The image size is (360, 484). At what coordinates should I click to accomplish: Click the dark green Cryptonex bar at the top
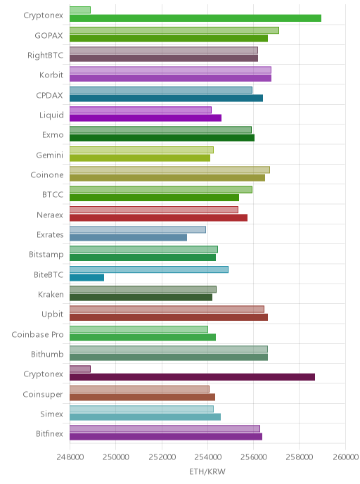tap(195, 18)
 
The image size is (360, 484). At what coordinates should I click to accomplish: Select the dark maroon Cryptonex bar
tap(192, 377)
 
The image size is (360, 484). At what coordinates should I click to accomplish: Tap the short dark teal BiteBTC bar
tap(86, 277)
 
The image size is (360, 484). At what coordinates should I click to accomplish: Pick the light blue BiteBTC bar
tap(149, 269)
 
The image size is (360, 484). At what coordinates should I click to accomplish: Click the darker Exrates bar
tap(129, 238)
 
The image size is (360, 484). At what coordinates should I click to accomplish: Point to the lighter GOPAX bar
tap(174, 30)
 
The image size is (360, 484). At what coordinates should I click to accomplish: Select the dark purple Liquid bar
tap(146, 118)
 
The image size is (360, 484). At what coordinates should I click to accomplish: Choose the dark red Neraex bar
tap(159, 218)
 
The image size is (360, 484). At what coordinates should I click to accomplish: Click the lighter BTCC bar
tap(161, 189)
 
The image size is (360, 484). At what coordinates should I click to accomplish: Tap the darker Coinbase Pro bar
tap(143, 338)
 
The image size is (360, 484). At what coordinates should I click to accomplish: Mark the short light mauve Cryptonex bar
tap(80, 369)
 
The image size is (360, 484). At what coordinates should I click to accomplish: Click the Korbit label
tap(51, 75)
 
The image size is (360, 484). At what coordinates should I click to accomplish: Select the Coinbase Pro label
tap(38, 335)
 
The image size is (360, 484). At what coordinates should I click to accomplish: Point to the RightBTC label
tap(45, 56)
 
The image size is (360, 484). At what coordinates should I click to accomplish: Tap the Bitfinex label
tap(49, 433)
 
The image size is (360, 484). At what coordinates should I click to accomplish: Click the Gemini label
tap(50, 155)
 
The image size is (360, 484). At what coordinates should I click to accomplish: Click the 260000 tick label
tap(345, 457)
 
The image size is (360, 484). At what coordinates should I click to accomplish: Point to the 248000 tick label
tap(70, 457)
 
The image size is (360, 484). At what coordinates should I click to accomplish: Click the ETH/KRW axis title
tap(207, 471)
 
